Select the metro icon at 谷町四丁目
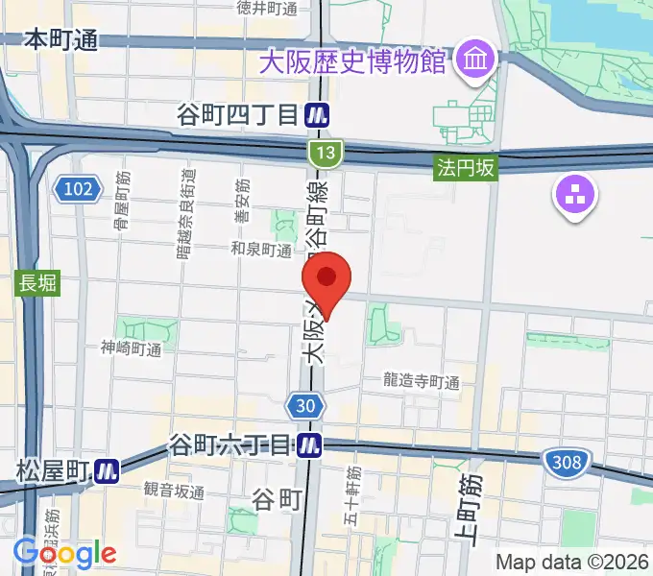(x=320, y=116)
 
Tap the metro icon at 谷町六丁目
(x=309, y=444)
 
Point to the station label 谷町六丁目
(x=229, y=444)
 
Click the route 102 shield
(x=76, y=189)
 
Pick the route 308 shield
(x=566, y=464)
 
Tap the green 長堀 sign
(x=38, y=284)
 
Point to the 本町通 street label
(x=60, y=39)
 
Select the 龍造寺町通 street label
(x=422, y=381)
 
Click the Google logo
(x=64, y=553)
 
